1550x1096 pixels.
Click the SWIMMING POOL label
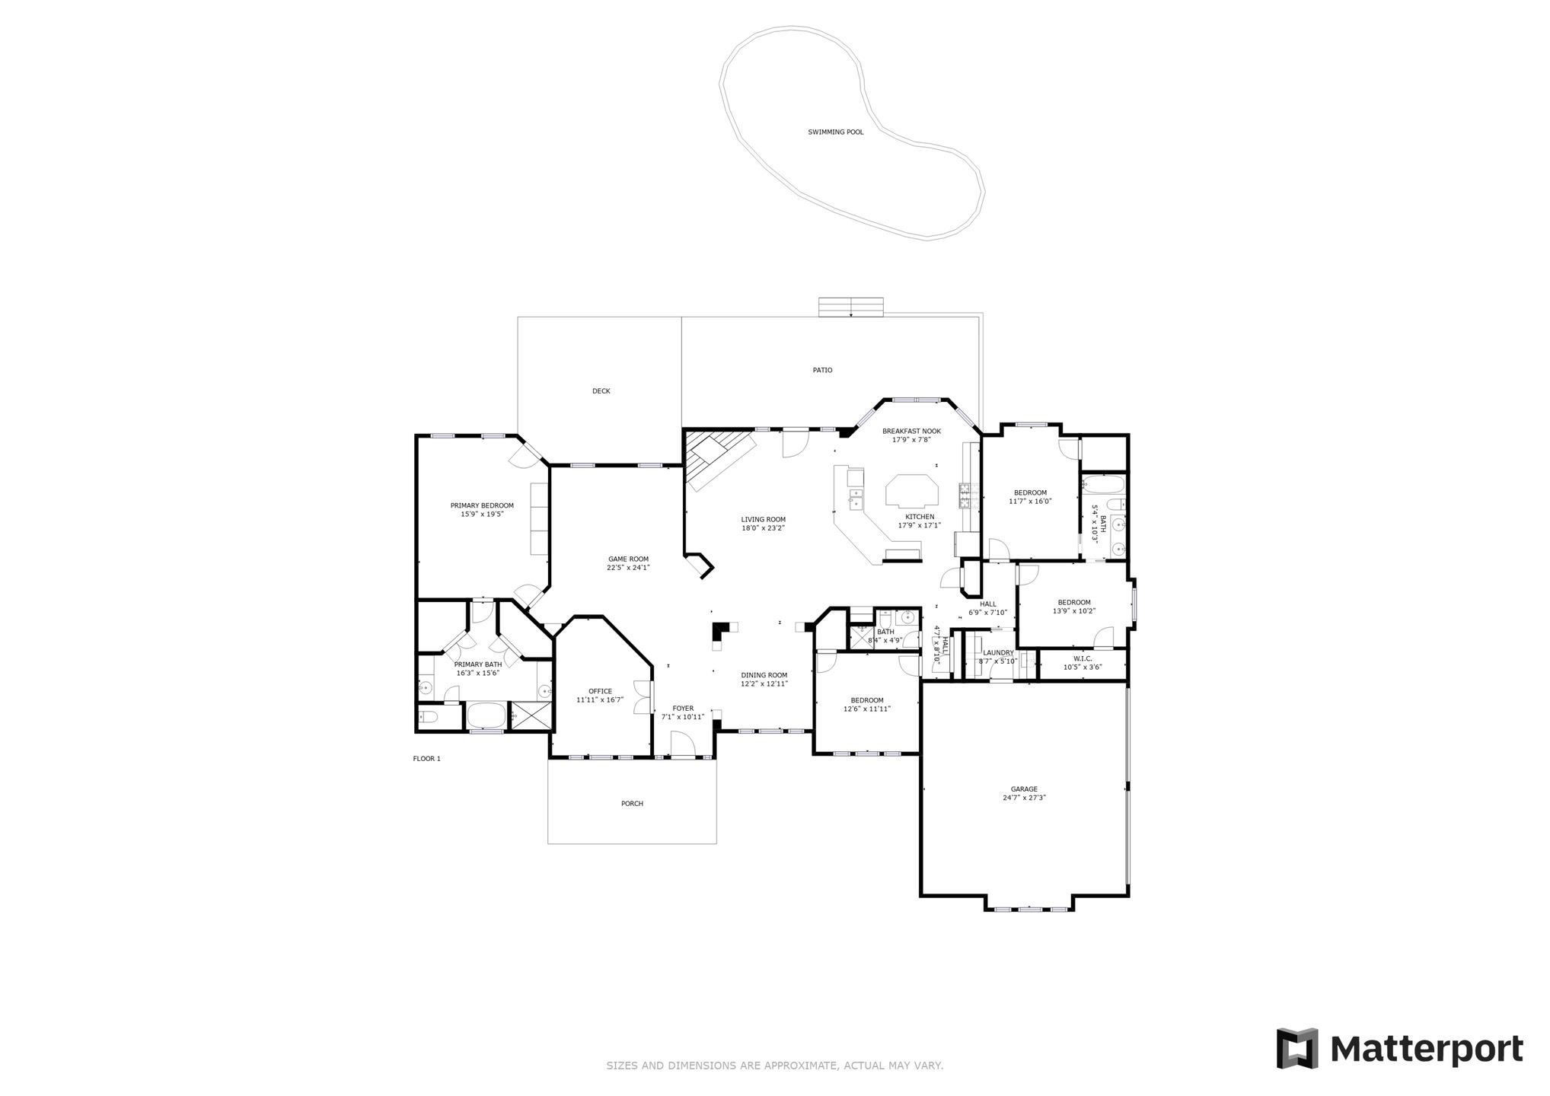835,132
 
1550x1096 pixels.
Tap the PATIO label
822,371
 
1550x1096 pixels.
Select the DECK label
601,391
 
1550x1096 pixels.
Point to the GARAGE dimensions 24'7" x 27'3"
1024,798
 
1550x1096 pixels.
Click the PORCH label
632,804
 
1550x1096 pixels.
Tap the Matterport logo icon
1296,1048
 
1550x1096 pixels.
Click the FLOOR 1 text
426,759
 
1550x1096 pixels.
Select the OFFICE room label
600,691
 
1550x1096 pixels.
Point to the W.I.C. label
1083,658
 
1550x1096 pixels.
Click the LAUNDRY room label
997,653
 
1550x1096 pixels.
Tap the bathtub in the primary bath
486,715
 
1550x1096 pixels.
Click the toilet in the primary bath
428,717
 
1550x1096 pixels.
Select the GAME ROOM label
628,559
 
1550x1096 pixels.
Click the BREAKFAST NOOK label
911,431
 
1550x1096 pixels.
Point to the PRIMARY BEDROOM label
481,505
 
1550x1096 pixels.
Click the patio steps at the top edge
850,307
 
